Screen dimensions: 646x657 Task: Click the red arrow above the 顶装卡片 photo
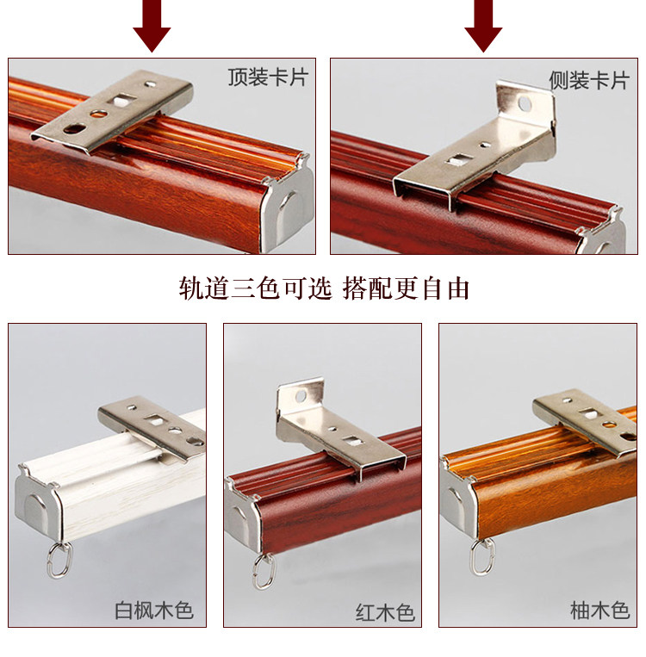152,25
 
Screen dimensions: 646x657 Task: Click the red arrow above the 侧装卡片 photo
483,25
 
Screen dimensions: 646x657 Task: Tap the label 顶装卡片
268,77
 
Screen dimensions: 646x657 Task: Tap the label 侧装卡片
589,80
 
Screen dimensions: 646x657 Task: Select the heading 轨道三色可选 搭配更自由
324,288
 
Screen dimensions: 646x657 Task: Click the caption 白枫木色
154,611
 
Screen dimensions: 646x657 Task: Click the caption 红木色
385,612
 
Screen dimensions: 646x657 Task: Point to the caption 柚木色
599,610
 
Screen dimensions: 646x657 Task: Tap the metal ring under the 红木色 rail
264,572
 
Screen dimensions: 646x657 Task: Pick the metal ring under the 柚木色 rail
481,558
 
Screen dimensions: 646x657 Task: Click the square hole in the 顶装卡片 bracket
122,101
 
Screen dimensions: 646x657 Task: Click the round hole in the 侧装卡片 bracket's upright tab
525,104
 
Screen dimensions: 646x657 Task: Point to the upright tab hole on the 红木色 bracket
301,396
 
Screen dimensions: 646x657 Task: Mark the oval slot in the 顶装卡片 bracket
75,128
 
